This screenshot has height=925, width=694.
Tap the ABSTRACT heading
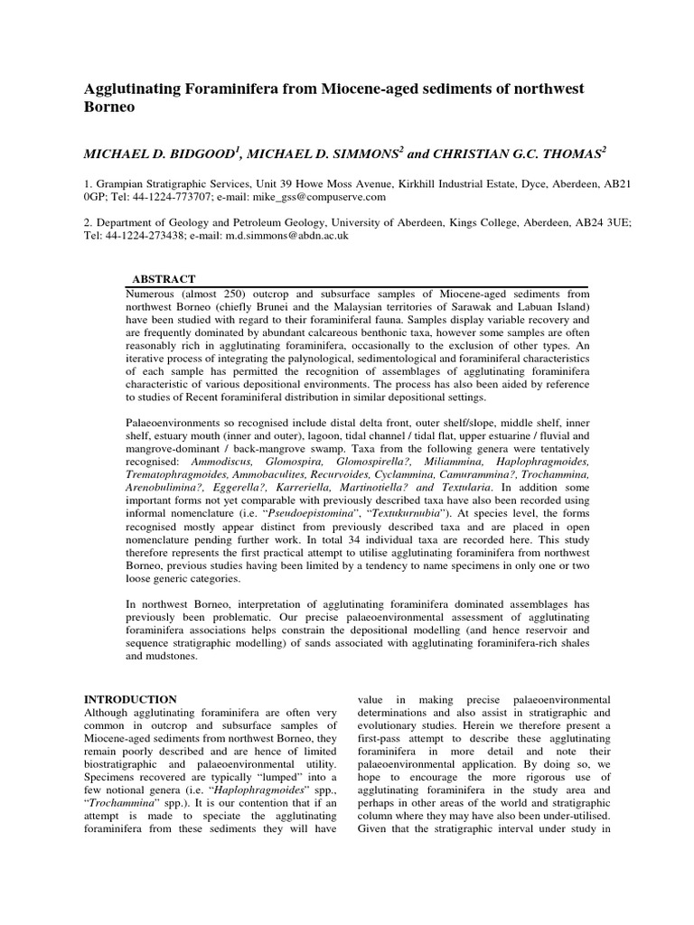pos(164,279)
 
